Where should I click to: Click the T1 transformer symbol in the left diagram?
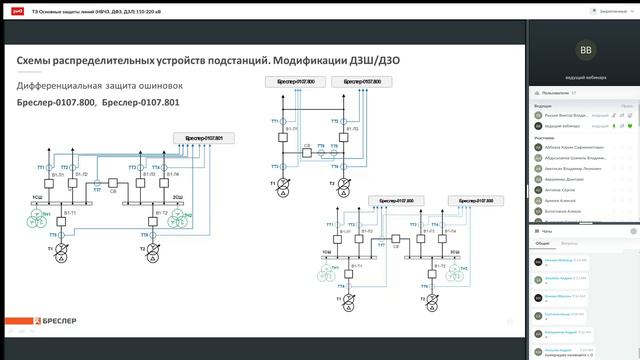[60, 247]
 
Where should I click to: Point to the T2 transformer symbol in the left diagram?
[153, 247]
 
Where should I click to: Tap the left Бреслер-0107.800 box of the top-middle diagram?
[290, 80]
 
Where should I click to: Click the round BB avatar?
[585, 48]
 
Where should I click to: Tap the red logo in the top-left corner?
[11, 9]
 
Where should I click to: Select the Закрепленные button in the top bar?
[591, 9]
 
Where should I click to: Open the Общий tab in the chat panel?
[541, 243]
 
